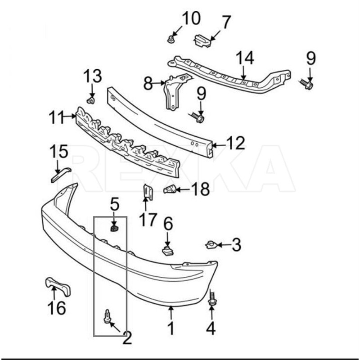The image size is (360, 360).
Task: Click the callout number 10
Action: [x=190, y=19]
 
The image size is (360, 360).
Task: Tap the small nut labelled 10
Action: [x=171, y=39]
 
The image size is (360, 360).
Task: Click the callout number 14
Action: [x=245, y=58]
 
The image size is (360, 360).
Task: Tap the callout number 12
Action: [x=235, y=144]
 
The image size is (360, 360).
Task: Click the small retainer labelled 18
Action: [x=170, y=189]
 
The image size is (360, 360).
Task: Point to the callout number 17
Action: [x=147, y=220]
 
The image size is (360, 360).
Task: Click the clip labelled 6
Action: [x=167, y=250]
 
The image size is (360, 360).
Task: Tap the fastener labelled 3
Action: [x=211, y=244]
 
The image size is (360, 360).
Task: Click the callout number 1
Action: [x=171, y=328]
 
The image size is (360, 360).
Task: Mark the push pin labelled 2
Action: [x=108, y=315]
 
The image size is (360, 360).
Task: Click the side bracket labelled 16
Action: [x=58, y=286]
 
